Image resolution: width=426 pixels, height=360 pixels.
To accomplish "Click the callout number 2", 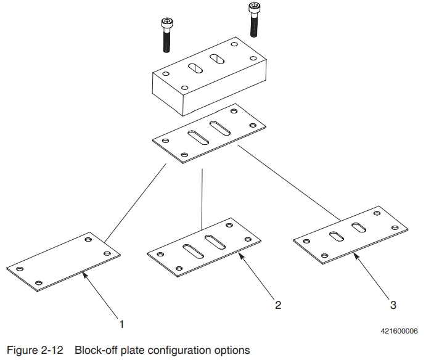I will click(x=278, y=305).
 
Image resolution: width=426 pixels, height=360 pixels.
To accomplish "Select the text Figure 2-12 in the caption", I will click(x=35, y=350).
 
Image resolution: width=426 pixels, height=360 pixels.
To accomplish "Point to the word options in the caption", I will click(x=232, y=350).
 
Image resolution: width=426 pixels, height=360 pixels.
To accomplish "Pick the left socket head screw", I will click(x=166, y=36).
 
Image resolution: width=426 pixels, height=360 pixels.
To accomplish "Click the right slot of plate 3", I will click(x=358, y=228).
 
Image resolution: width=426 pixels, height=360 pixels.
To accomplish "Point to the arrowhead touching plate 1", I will click(x=83, y=276).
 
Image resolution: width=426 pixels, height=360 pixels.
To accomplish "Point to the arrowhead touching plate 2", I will click(x=239, y=254).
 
